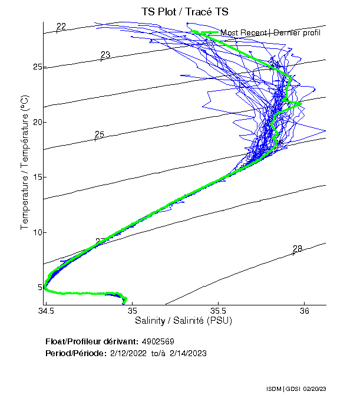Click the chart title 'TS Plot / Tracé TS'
(186, 12)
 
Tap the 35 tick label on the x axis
(133, 311)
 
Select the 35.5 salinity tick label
(219, 311)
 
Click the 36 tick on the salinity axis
(305, 311)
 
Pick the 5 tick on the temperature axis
(39, 287)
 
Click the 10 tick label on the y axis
(37, 232)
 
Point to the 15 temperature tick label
(37, 177)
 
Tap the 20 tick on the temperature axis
(37, 122)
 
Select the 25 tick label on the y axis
(37, 67)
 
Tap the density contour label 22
(61, 26)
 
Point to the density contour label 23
(105, 55)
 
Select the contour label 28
(298, 249)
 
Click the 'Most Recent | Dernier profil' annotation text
(270, 32)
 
